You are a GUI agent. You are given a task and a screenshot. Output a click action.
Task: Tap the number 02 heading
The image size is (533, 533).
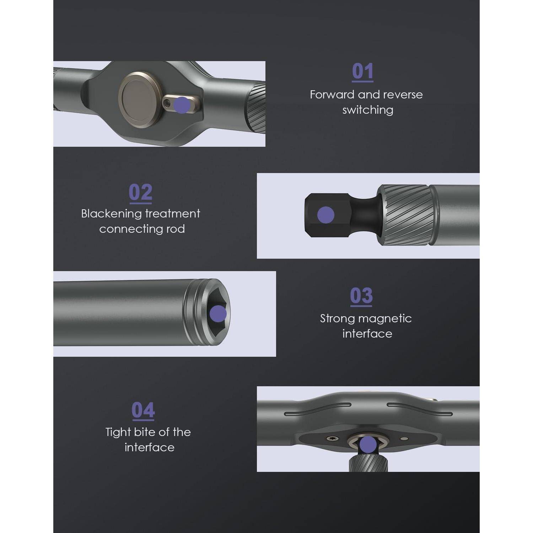141,193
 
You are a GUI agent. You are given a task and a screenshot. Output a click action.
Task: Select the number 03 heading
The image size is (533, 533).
361,296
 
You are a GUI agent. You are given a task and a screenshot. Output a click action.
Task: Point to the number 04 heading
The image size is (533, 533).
143,410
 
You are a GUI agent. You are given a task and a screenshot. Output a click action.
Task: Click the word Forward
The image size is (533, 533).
332,95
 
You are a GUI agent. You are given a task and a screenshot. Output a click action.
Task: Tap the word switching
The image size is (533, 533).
368,110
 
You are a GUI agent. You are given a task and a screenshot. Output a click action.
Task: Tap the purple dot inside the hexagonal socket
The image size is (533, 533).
218,314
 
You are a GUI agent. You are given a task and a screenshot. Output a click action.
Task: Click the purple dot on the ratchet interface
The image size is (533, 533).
368,445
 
